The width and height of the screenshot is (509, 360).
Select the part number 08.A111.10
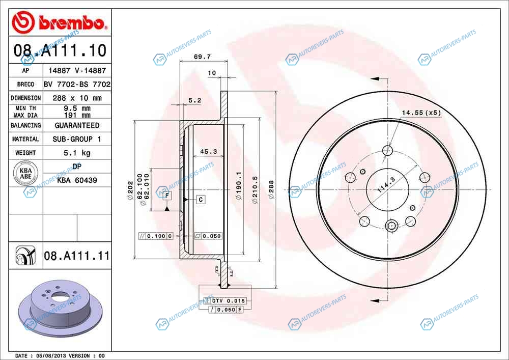point(60,50)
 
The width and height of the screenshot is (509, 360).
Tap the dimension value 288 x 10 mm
point(77,98)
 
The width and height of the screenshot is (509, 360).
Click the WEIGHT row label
point(25,153)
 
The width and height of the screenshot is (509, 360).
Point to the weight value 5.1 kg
point(77,153)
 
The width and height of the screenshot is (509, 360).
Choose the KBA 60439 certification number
point(77,180)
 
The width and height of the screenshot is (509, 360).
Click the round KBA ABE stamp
point(25,173)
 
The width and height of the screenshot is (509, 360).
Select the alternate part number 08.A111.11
point(77,256)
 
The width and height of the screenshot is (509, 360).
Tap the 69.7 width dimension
point(202,57)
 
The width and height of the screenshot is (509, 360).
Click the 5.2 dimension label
point(195,100)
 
